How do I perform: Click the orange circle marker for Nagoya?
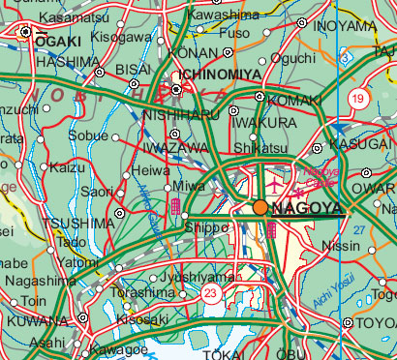260,207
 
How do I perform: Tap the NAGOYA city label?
308,208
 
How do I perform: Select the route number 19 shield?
357,98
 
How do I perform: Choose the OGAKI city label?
57,42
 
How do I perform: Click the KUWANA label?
38,320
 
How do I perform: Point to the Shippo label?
204,226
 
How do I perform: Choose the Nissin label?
346,246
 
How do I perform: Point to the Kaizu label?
68,167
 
